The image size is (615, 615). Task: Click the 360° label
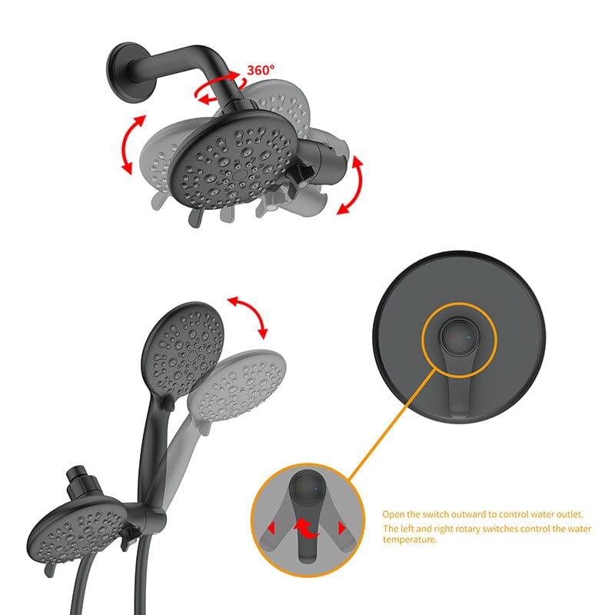260,71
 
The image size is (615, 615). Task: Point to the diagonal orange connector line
384,430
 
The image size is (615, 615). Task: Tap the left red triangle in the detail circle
271,528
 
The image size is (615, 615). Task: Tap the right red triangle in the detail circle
339,528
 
